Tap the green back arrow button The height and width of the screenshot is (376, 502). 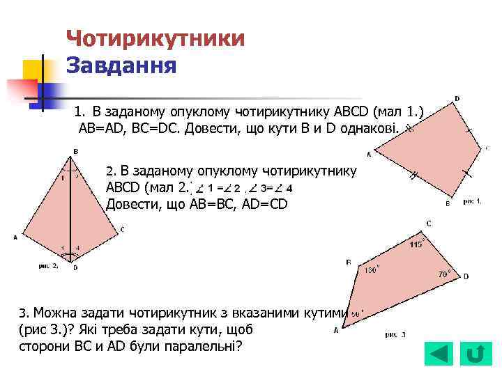(x=439, y=354)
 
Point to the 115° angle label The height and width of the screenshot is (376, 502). (x=417, y=245)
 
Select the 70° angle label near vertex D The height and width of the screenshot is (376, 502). (x=443, y=274)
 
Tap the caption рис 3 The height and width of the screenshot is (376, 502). (x=395, y=335)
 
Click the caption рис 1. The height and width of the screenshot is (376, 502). (x=472, y=201)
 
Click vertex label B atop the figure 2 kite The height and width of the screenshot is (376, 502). (x=76, y=151)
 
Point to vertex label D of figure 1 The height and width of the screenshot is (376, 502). (x=457, y=99)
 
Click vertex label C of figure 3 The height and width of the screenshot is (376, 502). (x=429, y=224)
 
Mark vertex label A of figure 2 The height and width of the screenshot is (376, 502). (x=15, y=237)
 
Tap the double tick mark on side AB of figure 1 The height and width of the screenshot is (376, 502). (x=413, y=176)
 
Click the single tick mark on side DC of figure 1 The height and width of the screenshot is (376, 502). (x=469, y=130)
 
